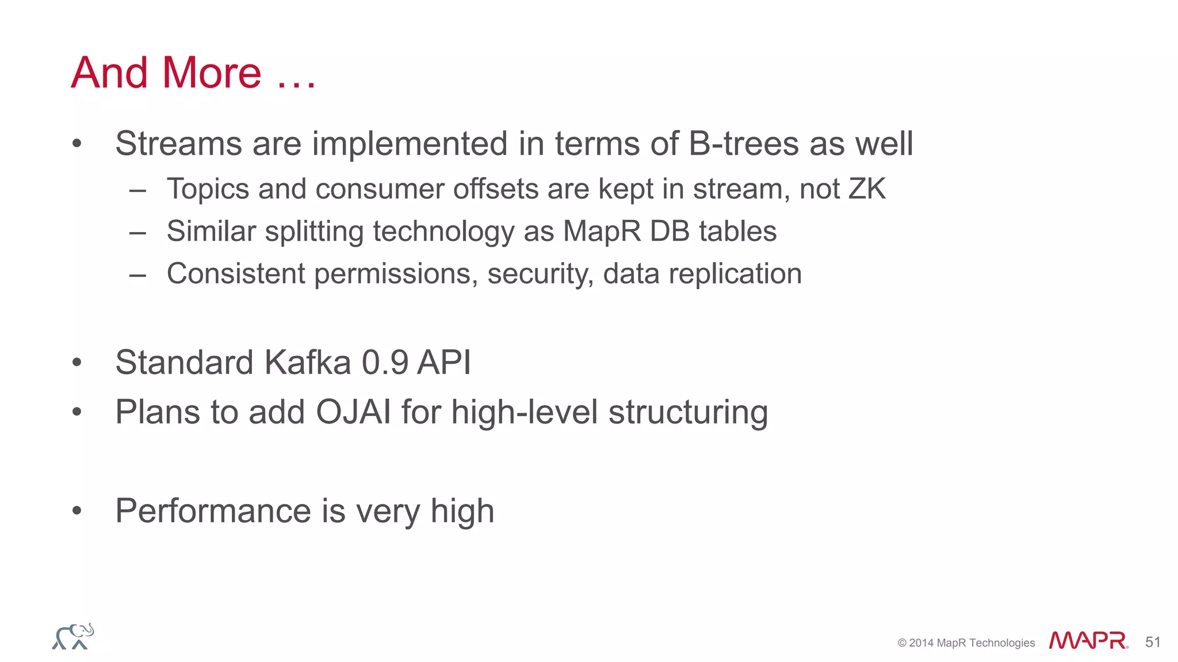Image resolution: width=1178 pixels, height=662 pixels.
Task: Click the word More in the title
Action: (212, 73)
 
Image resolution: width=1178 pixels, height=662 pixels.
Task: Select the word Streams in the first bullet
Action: (178, 143)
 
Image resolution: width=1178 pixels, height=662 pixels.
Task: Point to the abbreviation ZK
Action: (867, 189)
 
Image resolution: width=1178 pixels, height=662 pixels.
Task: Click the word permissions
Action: (396, 274)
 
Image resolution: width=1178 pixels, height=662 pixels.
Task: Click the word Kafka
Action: (307, 363)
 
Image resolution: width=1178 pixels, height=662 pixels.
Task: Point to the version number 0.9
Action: (385, 363)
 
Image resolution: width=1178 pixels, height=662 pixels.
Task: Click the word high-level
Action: (525, 412)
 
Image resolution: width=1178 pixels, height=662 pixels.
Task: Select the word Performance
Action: (213, 511)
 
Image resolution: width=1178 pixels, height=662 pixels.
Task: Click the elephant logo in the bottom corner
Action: (73, 637)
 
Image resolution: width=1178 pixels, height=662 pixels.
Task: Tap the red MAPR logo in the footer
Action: (1088, 641)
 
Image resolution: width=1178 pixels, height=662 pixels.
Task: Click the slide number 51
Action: (1153, 642)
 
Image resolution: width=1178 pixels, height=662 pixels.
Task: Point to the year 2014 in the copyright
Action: (921, 643)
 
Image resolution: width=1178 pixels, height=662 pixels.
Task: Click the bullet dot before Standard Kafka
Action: (77, 363)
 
